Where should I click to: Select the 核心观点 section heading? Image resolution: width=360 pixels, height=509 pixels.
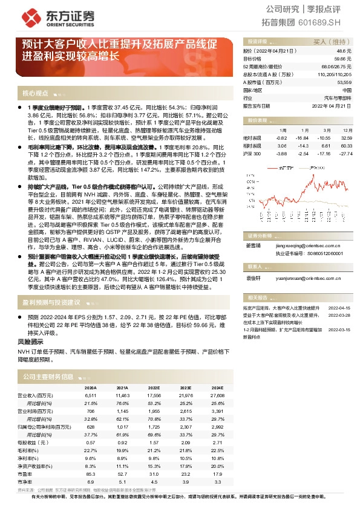point(35,94)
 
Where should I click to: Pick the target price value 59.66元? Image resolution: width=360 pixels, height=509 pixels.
point(342,59)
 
